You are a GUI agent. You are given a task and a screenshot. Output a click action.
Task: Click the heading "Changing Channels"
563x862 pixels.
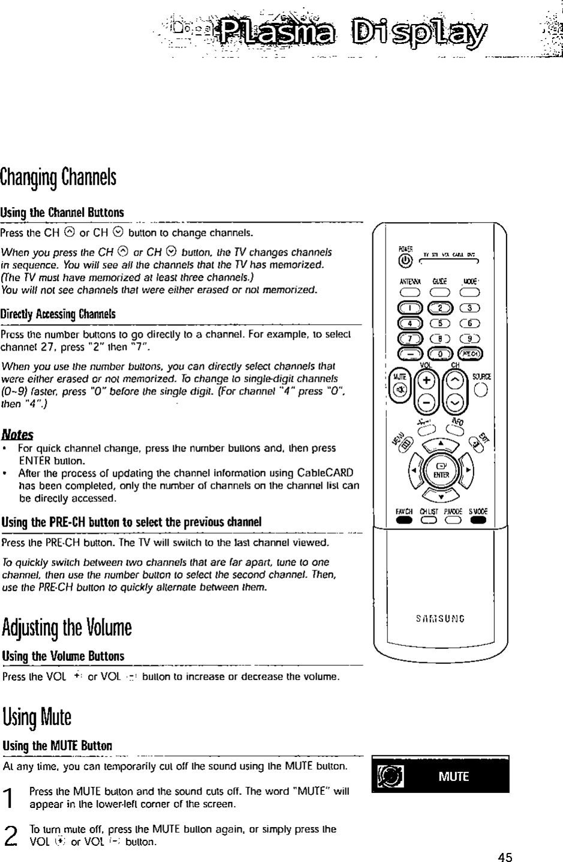[58, 177]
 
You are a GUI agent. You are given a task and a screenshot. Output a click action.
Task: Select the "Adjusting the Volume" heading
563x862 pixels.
[66, 627]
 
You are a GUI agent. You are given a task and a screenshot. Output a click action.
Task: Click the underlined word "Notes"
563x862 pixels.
[17, 433]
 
